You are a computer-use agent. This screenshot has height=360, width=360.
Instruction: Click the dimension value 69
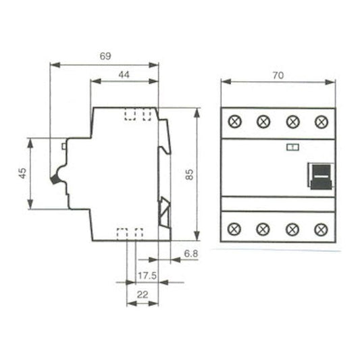coord(105,57)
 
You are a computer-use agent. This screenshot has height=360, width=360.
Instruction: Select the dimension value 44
coord(124,75)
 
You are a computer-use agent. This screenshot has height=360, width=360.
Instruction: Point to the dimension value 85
coord(190,174)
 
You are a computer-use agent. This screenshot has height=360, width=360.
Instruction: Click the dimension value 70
coord(278,76)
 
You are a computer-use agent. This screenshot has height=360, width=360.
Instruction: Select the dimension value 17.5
coord(145,276)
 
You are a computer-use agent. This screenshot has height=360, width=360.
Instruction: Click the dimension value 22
coord(143,294)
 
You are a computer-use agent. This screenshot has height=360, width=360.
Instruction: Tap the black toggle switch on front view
coord(320,176)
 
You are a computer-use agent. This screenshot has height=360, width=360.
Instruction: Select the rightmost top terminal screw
coord(322,122)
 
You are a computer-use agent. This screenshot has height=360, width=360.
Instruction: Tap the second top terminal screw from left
coord(264,122)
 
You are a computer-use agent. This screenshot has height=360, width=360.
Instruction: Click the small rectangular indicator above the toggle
coord(292,147)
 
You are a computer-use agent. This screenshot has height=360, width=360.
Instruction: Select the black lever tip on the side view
coord(54,180)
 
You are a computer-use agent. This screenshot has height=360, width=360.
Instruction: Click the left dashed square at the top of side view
coord(128,114)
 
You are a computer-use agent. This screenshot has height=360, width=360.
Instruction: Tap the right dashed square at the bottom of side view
coord(138,233)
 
